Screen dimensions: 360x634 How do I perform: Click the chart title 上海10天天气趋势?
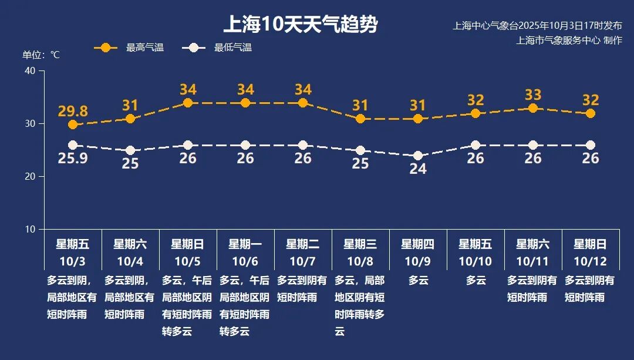(x=300, y=25)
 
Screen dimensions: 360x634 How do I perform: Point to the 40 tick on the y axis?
(x=31, y=71)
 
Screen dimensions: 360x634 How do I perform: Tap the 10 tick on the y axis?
(x=31, y=229)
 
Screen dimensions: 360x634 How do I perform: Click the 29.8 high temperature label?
(x=73, y=111)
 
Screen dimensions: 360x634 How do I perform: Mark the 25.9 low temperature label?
(x=73, y=158)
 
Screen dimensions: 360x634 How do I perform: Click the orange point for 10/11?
(x=533, y=108)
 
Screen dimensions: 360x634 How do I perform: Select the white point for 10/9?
(x=418, y=156)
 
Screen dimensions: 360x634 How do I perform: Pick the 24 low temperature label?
(x=418, y=169)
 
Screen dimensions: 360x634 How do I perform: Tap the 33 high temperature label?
(x=533, y=95)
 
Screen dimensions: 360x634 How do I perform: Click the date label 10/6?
(x=245, y=261)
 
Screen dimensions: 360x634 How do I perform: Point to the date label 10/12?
(x=591, y=261)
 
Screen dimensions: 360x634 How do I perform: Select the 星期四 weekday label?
(x=418, y=244)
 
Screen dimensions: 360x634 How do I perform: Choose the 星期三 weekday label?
(x=360, y=244)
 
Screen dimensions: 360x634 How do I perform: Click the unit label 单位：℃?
(x=41, y=55)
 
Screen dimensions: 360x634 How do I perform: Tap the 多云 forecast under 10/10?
(x=476, y=281)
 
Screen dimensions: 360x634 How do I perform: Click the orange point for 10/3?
(x=73, y=125)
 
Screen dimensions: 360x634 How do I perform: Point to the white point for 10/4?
(x=130, y=150)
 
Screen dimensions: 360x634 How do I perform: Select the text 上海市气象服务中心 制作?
(x=569, y=40)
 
